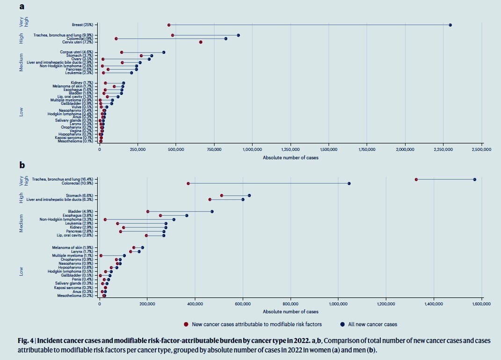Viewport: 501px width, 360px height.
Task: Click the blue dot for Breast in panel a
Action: (450, 25)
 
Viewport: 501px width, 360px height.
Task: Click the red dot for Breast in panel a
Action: (169, 25)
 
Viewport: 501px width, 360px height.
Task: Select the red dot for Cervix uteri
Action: (201, 42)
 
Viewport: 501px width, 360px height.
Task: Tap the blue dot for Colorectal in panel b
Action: (349, 184)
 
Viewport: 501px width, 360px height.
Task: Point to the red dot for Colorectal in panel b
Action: (188, 184)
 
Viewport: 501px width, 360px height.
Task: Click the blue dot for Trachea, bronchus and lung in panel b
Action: (474, 179)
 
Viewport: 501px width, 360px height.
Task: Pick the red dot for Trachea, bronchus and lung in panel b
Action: (416, 179)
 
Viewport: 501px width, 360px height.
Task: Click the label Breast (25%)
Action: (82, 25)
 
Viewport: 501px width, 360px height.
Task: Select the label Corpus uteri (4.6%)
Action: (76, 52)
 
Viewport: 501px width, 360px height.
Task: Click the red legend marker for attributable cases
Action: (186, 324)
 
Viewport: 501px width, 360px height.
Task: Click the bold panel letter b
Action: (22, 165)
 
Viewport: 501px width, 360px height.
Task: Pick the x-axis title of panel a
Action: (290, 157)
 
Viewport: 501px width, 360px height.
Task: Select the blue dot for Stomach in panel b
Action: (249, 195)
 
